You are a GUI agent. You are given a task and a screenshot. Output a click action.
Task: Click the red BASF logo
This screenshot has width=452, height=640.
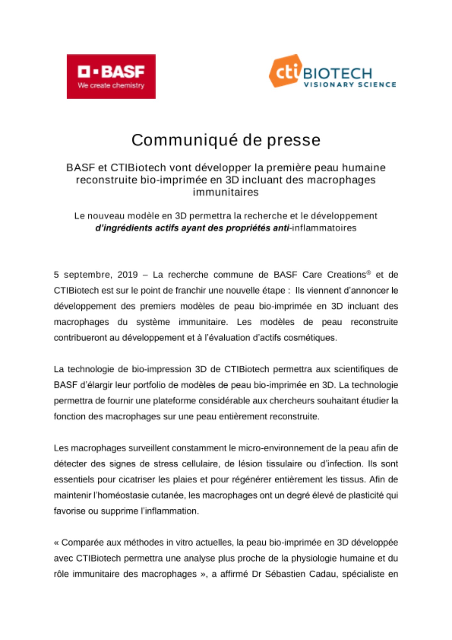point(111,76)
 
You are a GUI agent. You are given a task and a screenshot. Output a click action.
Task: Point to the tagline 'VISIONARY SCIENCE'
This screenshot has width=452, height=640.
point(350,84)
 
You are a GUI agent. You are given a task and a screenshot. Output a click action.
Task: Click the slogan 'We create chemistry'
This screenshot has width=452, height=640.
point(111,85)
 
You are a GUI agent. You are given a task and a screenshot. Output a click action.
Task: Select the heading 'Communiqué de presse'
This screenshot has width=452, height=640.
point(226,140)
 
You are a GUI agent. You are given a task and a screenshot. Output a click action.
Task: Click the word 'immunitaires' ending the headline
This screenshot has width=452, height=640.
point(226,192)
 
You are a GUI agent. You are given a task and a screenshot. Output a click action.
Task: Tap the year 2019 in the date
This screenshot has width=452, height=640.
point(128,275)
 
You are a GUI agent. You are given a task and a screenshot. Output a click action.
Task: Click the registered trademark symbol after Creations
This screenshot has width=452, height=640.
point(369,272)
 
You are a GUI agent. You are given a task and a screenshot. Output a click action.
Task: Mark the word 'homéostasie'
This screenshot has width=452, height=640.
point(123,495)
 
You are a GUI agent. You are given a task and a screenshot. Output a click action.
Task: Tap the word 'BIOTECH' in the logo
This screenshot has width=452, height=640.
point(337,73)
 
